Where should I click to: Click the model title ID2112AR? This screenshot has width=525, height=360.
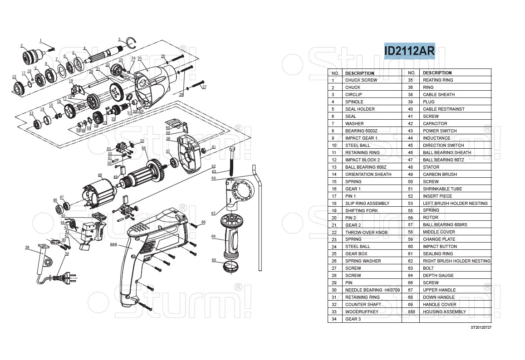coord(409,51)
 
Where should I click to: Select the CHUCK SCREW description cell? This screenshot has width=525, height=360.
coord(361,80)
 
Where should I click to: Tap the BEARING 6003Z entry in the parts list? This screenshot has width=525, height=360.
coord(361,131)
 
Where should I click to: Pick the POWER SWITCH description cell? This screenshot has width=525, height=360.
coord(440,131)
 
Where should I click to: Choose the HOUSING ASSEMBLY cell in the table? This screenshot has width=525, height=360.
coord(444,312)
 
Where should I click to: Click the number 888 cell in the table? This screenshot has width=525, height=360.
coord(412,312)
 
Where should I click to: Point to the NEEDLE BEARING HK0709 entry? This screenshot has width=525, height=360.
coord(372,290)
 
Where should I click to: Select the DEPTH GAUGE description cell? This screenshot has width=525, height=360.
coord(438,276)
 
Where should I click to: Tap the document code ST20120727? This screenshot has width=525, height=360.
coord(481,327)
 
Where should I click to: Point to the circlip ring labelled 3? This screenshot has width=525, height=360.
coord(131,43)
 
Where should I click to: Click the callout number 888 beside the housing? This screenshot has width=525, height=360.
coord(114,244)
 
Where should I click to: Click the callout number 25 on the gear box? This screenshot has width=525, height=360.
coord(140,58)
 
